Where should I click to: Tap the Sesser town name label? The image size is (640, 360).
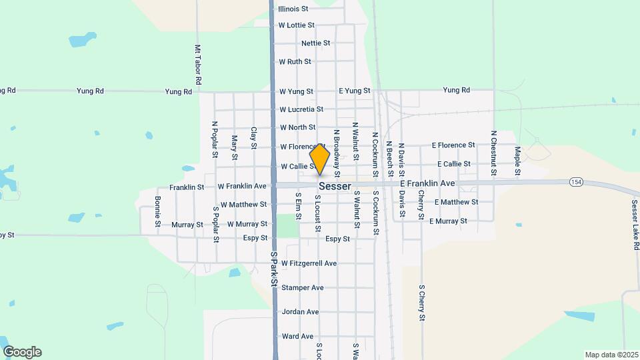(335, 187)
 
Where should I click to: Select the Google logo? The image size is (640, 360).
(22, 352)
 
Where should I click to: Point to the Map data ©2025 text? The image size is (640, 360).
(610, 355)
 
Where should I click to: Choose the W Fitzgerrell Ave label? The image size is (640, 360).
(309, 263)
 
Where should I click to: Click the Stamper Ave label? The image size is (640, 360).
(302, 287)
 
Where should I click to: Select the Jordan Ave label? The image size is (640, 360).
(300, 311)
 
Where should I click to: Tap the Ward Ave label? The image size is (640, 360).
(297, 336)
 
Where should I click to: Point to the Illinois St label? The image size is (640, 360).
(293, 9)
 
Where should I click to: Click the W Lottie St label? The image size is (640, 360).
(297, 25)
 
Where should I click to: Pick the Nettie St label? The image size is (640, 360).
(316, 43)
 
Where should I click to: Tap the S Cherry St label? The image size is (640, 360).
(422, 303)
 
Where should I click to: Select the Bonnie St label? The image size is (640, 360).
(158, 211)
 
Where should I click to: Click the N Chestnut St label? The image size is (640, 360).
(494, 153)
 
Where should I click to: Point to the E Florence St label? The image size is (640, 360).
(453, 145)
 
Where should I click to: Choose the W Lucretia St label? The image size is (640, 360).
(301, 109)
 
